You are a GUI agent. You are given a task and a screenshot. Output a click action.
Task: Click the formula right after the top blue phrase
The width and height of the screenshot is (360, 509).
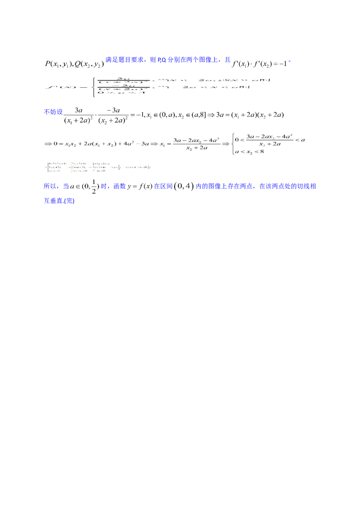[x=259, y=64]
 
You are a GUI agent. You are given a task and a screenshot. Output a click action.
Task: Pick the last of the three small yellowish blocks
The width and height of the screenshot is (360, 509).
[x=100, y=167]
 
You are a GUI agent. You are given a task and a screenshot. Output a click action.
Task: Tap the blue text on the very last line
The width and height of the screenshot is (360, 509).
[x=59, y=201]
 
